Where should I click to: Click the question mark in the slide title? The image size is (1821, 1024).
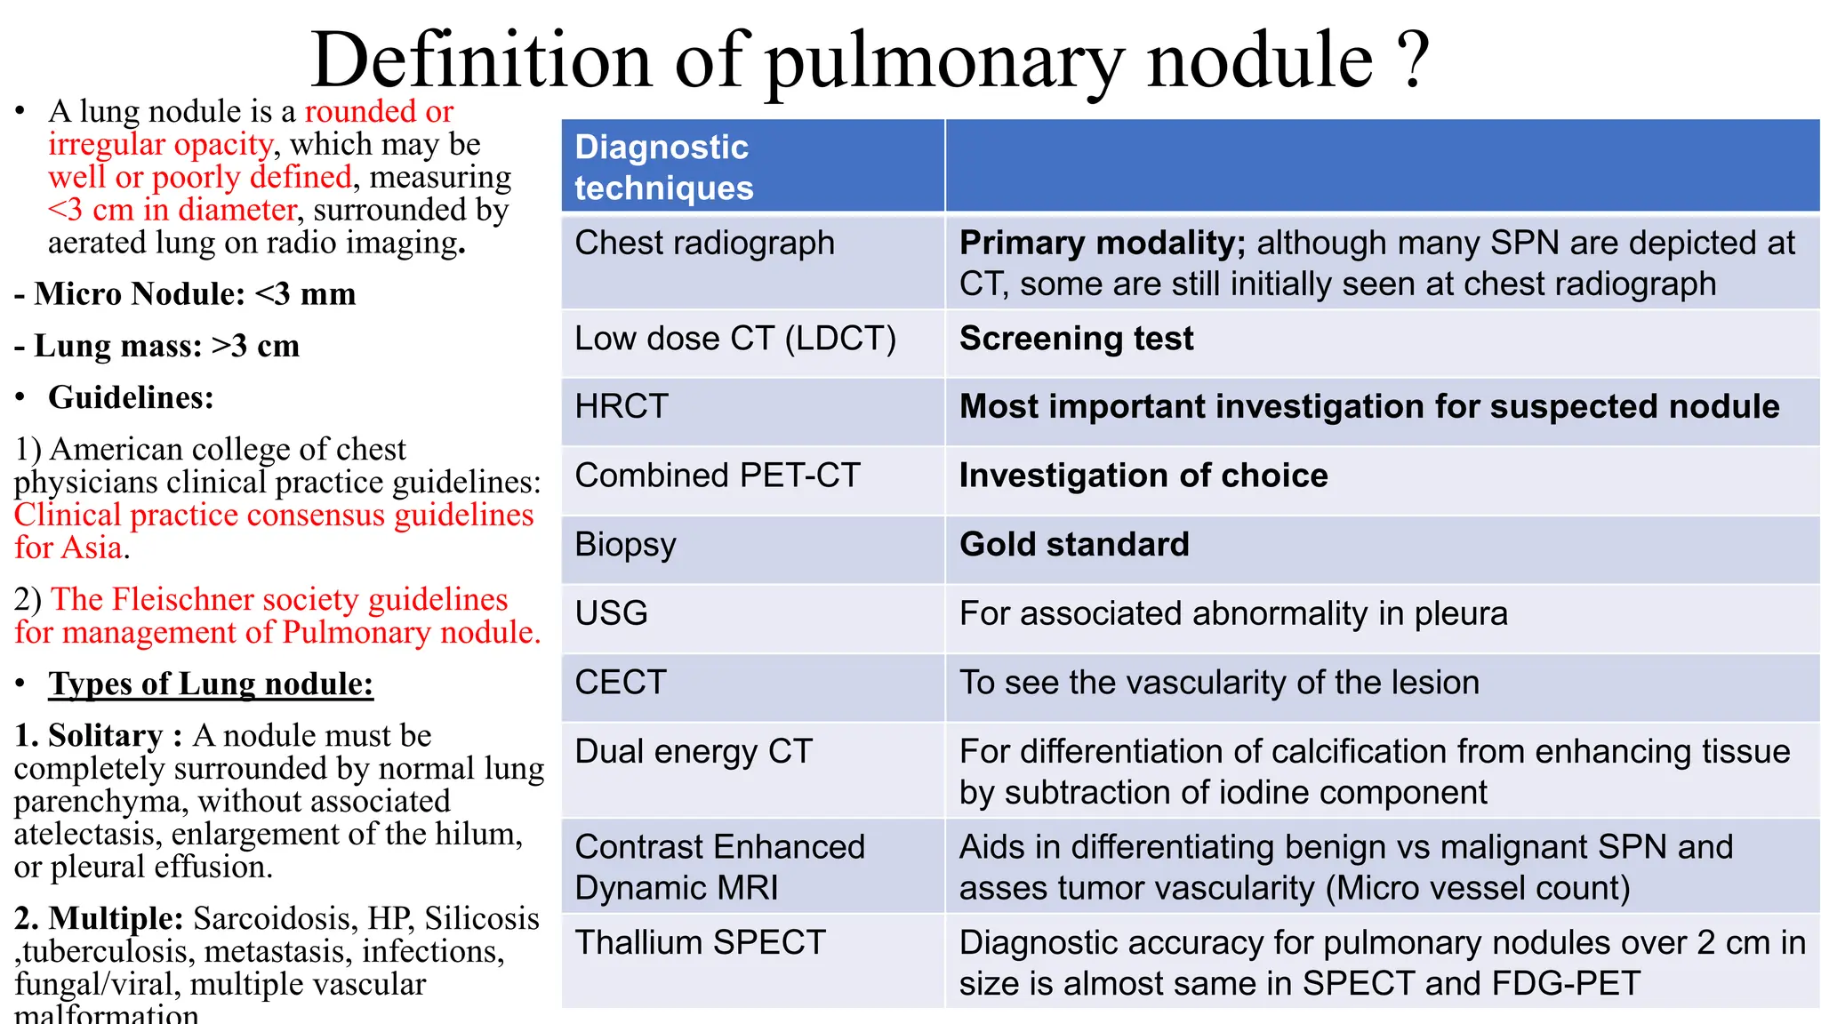1413,60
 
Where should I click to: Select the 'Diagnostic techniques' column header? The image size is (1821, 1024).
663,167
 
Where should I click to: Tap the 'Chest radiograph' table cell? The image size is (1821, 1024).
704,243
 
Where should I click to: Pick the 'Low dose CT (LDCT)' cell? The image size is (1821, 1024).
735,339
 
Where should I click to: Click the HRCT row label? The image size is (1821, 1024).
622,407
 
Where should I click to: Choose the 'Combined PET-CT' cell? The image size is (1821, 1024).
718,476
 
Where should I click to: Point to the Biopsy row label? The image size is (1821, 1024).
625,545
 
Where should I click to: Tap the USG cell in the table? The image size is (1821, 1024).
612,613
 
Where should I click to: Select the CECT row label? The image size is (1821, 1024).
621,683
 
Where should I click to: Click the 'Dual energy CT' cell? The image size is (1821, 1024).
694,752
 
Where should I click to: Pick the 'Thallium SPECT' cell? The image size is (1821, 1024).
701,942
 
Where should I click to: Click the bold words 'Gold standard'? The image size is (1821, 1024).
1074,544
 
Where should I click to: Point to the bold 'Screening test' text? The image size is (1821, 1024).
1076,339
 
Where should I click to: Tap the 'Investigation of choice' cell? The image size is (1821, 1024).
1143,476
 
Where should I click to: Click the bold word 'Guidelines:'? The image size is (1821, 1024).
131,397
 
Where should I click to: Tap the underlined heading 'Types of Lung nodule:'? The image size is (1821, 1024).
211,684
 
